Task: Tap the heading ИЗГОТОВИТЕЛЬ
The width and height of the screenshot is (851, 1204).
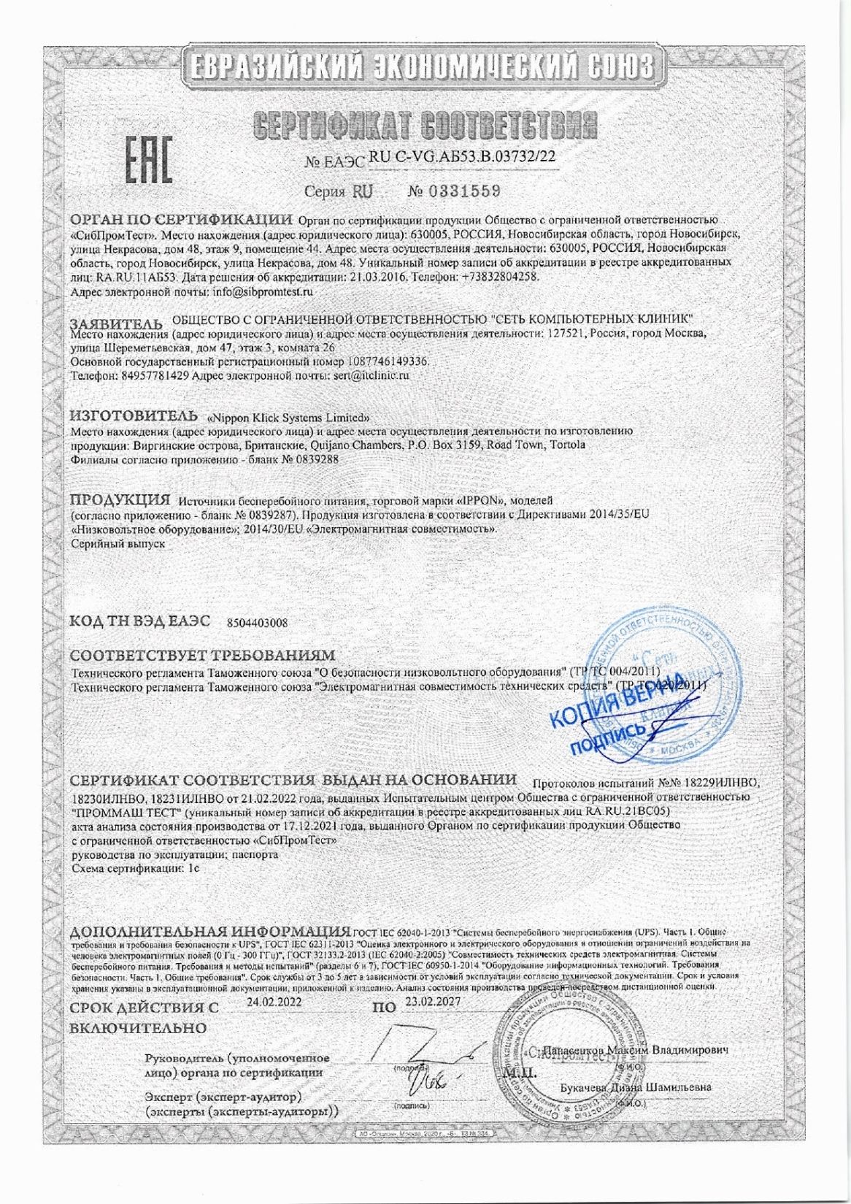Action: click(134, 416)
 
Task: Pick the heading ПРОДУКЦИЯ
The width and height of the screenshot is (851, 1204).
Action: click(120, 500)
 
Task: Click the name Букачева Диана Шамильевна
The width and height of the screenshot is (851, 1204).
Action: click(636, 1086)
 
